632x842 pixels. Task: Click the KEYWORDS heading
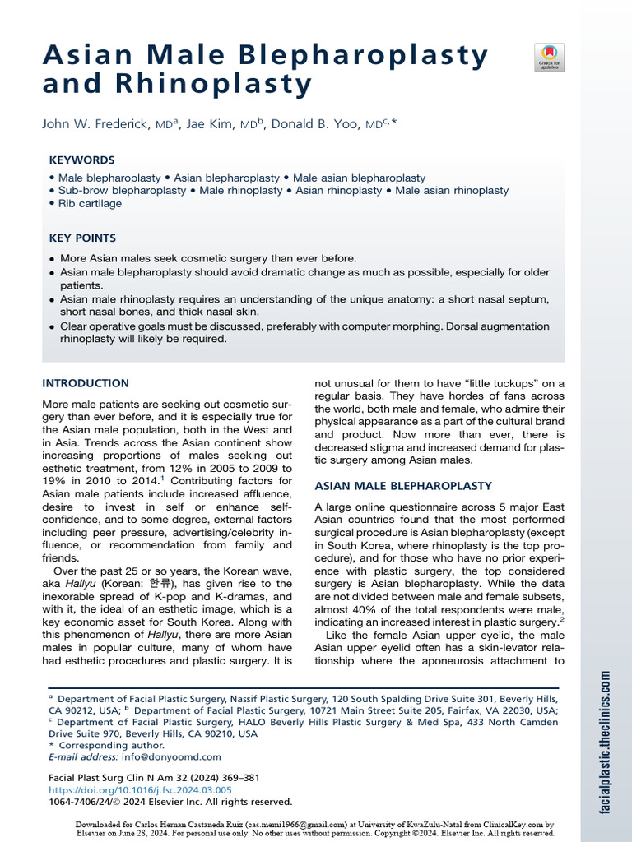click(82, 160)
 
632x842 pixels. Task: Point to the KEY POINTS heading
click(82, 238)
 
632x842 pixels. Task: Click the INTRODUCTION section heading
click(86, 383)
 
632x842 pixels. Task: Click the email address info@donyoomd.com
click(170, 756)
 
